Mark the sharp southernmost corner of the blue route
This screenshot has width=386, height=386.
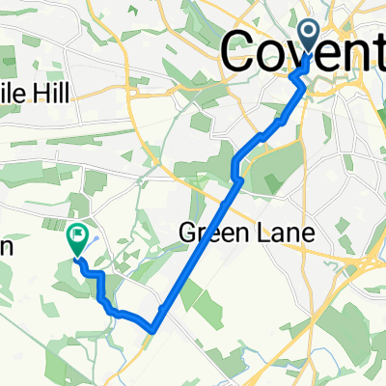point(153,330)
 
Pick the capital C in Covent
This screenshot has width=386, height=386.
point(242,50)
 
